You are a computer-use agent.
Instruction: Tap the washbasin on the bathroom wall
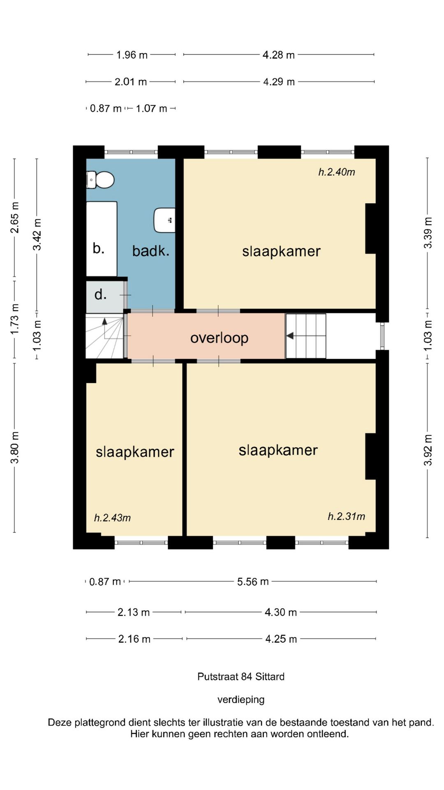164,220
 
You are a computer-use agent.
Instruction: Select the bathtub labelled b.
102,239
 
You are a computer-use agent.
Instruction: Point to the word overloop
219,338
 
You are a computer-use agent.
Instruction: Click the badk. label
150,251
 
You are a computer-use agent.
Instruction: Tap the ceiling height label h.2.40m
337,172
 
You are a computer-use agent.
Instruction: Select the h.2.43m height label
112,518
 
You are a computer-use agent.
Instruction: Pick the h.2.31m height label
346,516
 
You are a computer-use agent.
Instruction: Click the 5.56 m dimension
253,581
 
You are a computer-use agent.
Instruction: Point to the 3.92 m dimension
428,450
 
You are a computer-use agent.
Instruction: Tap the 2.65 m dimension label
15,217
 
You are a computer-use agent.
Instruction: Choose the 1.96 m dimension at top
132,55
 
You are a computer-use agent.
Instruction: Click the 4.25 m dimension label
281,639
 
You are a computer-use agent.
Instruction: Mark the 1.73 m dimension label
15,319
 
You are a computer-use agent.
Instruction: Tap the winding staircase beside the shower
105,336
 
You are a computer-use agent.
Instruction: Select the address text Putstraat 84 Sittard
241,677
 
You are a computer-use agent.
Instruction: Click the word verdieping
241,699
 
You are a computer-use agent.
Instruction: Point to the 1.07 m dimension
151,109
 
